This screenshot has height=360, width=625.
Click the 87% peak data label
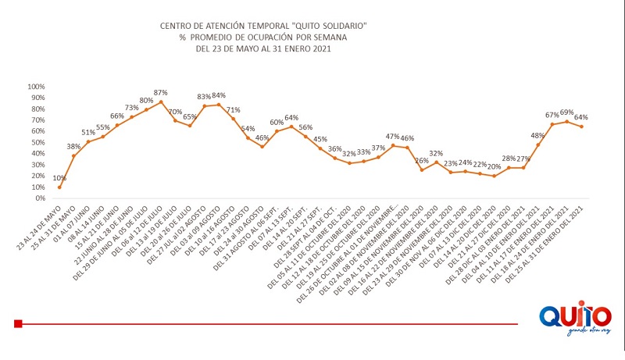(161, 93)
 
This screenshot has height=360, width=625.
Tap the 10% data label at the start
(60, 178)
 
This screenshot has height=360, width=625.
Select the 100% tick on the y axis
(37, 86)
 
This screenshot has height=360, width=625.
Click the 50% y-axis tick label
(38, 142)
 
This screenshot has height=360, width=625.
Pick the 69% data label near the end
(567, 112)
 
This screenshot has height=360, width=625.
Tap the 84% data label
(219, 95)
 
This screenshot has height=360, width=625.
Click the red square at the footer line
(18, 323)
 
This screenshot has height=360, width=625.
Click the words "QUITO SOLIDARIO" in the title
(331, 27)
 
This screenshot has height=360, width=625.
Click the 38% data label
(73, 147)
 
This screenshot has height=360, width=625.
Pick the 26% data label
(422, 161)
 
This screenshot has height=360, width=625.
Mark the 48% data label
(538, 135)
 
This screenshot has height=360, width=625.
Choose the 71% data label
(233, 110)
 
